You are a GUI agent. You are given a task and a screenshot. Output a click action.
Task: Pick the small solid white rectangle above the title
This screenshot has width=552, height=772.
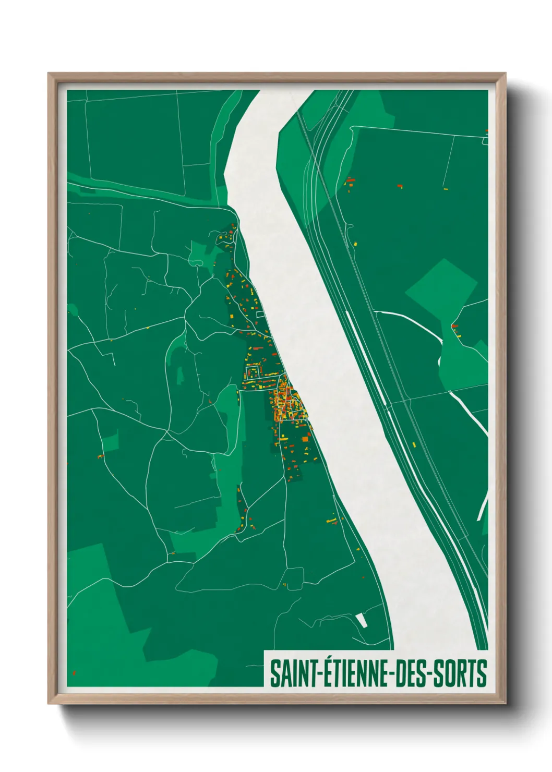click(361, 621)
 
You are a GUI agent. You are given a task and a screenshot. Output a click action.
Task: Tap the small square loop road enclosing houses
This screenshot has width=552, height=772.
click(253, 372)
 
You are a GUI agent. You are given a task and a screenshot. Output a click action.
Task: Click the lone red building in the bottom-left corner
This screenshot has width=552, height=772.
click(74, 673)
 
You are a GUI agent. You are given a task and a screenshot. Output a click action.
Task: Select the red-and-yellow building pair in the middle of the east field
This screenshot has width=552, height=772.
click(400, 185)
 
